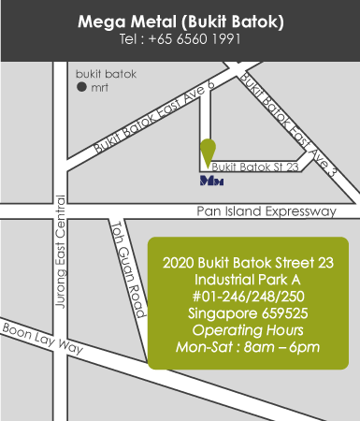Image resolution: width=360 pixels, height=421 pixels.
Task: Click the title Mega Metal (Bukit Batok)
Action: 180,21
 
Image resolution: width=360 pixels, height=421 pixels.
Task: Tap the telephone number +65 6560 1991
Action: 180,39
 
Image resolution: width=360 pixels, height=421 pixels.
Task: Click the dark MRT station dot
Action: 81,87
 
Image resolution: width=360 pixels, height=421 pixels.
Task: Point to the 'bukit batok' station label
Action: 106,73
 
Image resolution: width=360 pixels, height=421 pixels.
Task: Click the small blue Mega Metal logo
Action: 211,179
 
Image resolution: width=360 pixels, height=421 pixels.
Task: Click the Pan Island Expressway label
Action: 266,212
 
